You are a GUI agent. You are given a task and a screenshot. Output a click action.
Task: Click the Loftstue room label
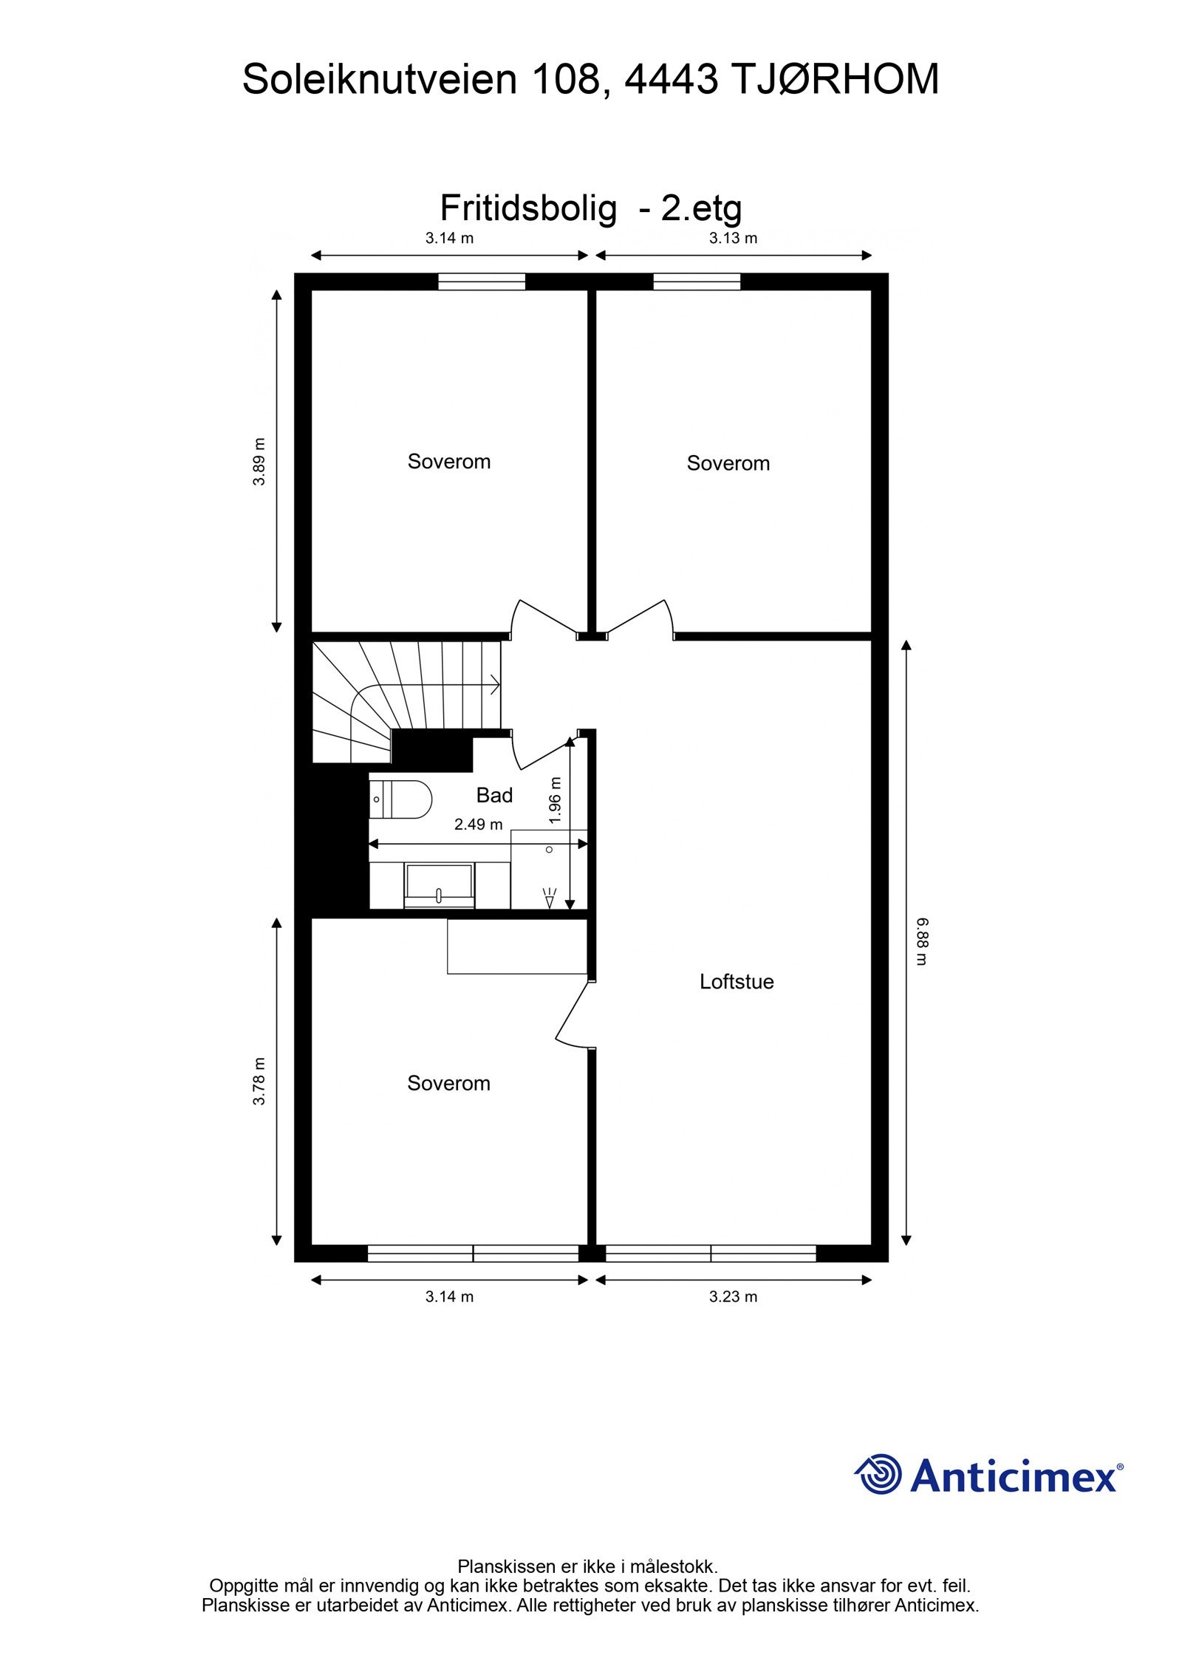point(736,982)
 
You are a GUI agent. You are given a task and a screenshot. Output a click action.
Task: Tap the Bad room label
point(494,795)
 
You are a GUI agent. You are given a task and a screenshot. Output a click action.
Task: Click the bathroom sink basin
point(438,884)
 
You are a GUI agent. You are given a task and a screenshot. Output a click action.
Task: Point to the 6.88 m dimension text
point(923,941)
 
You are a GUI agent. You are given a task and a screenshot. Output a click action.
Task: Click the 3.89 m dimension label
point(259,462)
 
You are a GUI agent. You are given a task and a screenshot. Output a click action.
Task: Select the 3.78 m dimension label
point(259,1082)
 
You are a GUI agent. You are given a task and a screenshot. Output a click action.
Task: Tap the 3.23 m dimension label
point(733,1297)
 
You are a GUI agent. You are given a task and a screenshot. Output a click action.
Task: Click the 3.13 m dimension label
point(733,239)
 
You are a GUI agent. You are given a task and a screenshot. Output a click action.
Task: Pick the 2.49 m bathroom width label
point(478,825)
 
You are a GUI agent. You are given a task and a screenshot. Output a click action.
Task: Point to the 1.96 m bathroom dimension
point(556,799)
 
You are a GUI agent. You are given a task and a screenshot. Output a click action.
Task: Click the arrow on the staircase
point(493,685)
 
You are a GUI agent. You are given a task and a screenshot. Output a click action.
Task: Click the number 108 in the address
point(567,79)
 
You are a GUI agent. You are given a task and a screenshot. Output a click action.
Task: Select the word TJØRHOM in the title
point(836,79)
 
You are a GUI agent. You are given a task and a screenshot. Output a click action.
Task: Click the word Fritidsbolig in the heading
point(527,209)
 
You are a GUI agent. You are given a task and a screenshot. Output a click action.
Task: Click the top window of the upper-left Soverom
point(481,281)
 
